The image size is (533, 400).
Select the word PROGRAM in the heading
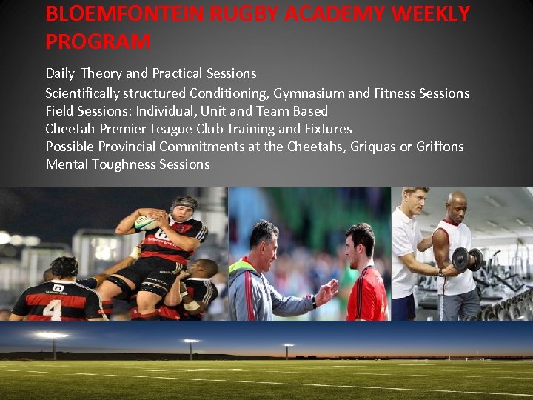(98, 42)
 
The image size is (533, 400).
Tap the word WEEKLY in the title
(423, 14)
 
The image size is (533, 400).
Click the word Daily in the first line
(60, 73)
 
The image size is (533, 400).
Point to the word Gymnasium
(309, 93)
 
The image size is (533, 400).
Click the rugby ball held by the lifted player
(146, 222)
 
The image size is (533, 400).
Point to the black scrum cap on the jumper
(184, 204)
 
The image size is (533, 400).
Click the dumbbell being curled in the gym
(466, 259)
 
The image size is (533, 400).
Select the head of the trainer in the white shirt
(414, 201)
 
